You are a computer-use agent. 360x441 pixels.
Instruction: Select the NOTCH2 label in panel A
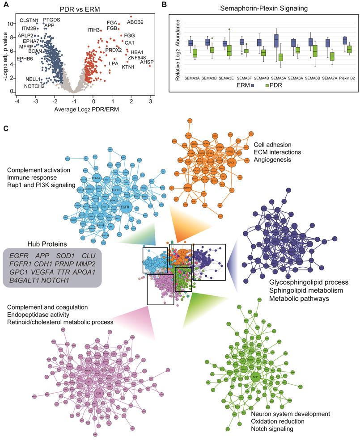pyautogui.click(x=34, y=86)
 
